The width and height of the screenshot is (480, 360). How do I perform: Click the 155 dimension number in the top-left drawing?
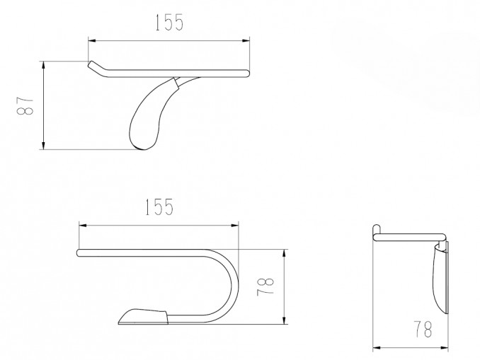pos(169,23)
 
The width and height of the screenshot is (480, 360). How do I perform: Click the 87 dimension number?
pos(25,106)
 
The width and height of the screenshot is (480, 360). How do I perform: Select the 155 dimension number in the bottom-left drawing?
pos(159,207)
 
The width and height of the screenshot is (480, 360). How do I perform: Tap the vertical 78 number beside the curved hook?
pos(265,286)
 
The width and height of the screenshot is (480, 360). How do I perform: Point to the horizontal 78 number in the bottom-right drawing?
pos(423,329)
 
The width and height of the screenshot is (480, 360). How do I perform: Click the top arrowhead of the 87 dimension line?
pos(44,65)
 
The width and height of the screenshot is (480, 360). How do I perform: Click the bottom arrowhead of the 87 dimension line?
pos(44,146)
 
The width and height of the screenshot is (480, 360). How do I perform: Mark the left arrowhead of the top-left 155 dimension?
pos(92,40)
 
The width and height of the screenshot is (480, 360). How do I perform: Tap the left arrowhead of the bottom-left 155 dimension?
pos(83,226)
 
